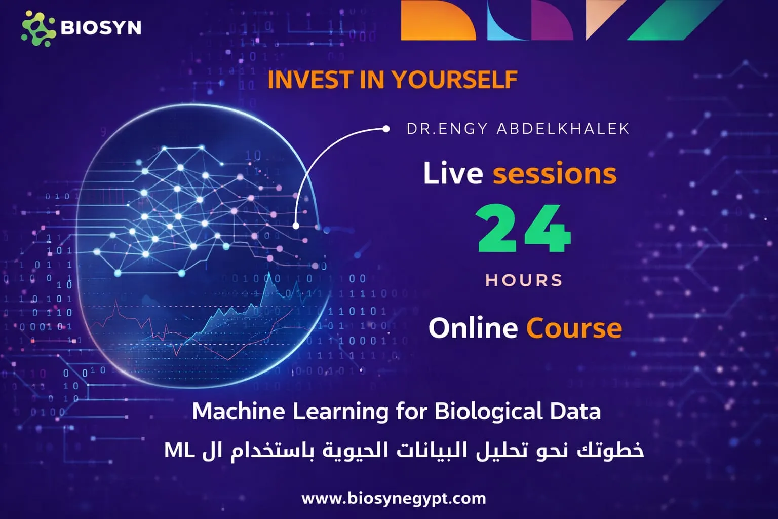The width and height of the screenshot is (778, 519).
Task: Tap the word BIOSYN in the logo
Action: (x=101, y=27)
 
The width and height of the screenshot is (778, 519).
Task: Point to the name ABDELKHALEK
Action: (x=563, y=129)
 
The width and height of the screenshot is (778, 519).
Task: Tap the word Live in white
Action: (x=453, y=173)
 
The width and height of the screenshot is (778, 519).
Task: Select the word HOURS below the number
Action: (x=524, y=280)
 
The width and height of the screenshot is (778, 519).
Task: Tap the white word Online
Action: (x=473, y=328)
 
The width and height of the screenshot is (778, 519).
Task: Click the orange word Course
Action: (x=574, y=328)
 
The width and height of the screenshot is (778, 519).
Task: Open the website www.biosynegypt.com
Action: (x=394, y=498)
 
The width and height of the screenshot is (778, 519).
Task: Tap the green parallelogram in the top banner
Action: (x=674, y=20)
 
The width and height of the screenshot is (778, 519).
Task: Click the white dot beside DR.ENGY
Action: (x=386, y=129)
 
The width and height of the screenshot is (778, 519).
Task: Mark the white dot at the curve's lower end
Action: (x=296, y=226)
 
